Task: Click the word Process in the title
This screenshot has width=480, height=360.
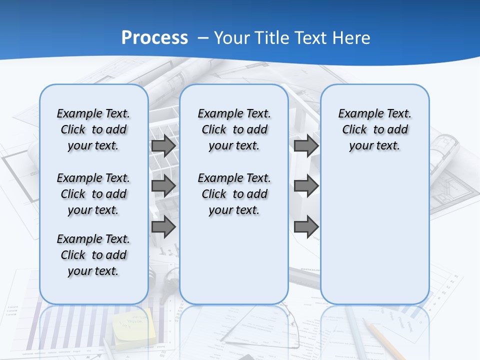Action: tap(154, 38)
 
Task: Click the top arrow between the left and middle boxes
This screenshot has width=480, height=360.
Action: tap(163, 146)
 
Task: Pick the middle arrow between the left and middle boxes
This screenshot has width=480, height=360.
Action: tap(163, 186)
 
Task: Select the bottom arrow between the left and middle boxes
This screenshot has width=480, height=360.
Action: tap(163, 226)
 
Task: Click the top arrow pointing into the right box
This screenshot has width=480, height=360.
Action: tap(306, 146)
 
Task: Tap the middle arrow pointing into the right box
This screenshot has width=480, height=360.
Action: tap(306, 186)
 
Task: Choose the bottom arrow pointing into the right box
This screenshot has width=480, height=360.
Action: tap(306, 226)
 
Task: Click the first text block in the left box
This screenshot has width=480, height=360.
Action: tap(93, 130)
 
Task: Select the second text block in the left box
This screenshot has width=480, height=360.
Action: tap(93, 194)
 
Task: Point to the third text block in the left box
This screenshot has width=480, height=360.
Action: tap(93, 255)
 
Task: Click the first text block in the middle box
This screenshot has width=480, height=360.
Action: tap(234, 130)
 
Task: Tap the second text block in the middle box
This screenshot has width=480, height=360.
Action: tap(234, 194)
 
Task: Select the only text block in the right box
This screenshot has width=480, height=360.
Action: tap(375, 130)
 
